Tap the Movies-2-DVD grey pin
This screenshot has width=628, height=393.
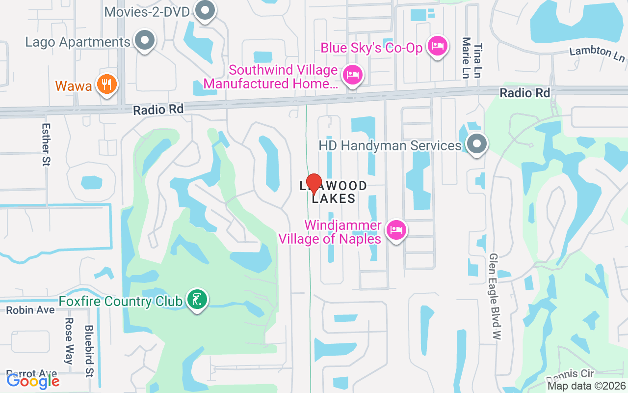205,10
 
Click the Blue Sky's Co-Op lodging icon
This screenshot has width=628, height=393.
437,47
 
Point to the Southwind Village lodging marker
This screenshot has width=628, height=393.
352,75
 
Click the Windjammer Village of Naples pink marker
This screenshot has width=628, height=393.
396,229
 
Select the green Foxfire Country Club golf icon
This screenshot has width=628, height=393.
197,299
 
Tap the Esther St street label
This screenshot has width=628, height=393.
47,144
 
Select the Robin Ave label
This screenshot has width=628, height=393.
30,310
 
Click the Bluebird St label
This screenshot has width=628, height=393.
89,351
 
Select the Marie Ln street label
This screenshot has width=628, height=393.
466,58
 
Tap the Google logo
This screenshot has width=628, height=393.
33,381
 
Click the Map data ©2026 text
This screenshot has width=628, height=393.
586,386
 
